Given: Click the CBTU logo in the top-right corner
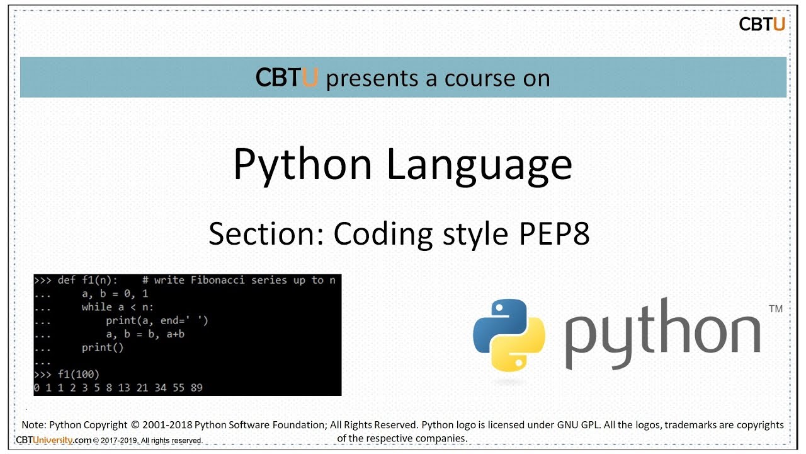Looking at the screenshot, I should click(762, 24).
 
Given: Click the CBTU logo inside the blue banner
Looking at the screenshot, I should click(287, 78).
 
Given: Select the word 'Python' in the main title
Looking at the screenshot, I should click(303, 165).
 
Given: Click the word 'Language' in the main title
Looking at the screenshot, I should click(479, 164).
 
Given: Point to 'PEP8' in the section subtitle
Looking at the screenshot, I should click(554, 234).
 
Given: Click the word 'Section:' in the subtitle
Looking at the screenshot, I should click(266, 234).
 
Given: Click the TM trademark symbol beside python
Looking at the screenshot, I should click(776, 309).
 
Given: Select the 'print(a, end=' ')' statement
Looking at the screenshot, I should click(157, 320).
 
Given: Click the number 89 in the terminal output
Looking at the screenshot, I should click(196, 387).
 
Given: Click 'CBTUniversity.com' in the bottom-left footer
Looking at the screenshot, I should click(54, 440).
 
